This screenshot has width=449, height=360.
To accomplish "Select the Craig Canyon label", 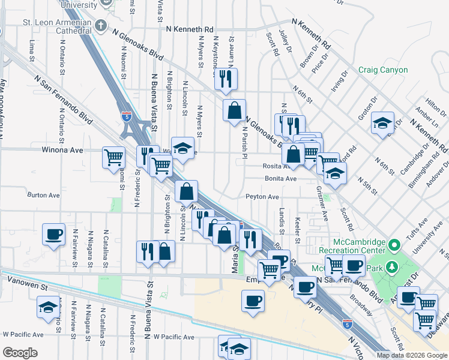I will point(383,70).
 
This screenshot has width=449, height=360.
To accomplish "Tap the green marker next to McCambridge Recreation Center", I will point(394,245).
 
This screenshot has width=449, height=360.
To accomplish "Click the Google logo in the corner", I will point(20,353).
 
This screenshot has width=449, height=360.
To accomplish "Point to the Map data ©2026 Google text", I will point(411,355).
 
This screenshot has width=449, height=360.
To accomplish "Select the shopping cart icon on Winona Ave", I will point(113,158).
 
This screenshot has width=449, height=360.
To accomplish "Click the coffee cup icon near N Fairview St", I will point(53,234).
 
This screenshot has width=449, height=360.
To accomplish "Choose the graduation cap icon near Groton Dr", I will point(382,123).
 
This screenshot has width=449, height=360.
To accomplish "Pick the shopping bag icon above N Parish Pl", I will point(234,110).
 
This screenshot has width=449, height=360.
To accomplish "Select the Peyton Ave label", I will point(262,197).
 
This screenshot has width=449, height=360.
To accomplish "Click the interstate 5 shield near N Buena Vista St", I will point(126,116).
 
